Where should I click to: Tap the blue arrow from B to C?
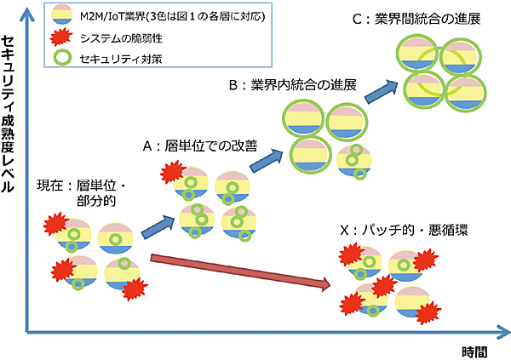point(381,89)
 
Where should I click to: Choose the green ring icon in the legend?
point(59,57)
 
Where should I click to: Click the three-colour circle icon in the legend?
point(59,16)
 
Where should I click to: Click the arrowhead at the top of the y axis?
point(27,9)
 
